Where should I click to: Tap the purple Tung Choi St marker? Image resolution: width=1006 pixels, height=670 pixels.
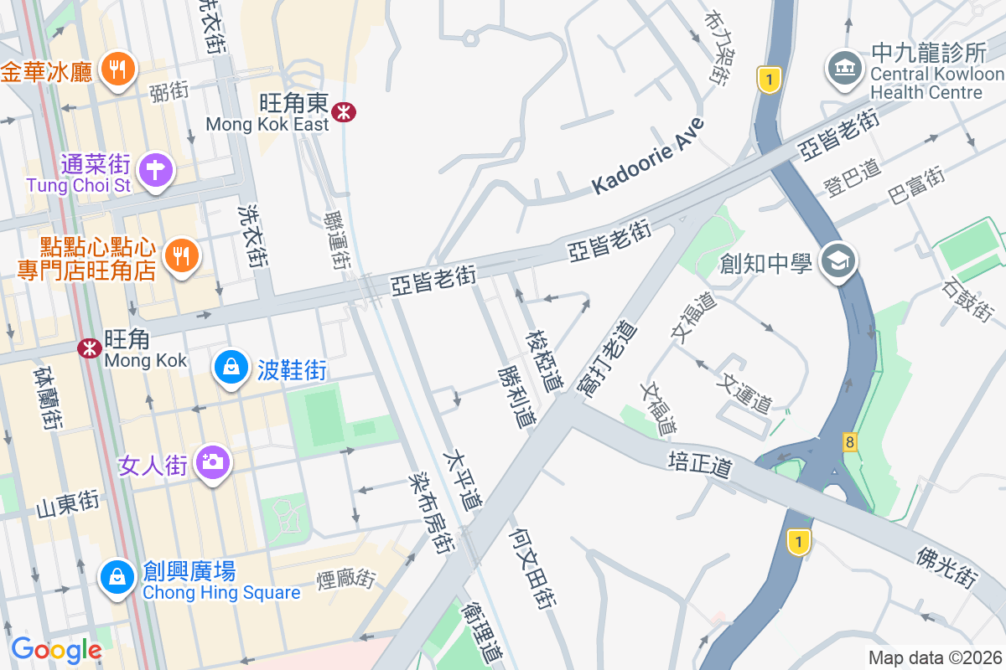tap(155, 169)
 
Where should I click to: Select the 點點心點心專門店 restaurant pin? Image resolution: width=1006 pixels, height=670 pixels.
tap(180, 254)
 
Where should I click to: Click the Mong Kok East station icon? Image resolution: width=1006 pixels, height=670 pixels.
tap(342, 111)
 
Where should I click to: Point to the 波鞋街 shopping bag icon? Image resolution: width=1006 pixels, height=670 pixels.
tap(231, 367)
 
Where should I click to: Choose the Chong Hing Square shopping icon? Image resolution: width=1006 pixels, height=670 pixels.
tap(118, 575)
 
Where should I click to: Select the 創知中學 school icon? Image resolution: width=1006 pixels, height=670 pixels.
tap(837, 263)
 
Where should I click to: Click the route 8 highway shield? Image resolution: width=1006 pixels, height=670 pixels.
tap(850, 441)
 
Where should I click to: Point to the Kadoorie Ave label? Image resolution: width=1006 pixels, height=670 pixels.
tap(647, 157)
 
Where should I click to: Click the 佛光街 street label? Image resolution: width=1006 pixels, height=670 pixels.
tap(947, 566)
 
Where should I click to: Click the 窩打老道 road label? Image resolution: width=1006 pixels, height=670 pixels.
tap(607, 357)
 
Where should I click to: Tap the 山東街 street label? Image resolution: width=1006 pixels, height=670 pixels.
tap(67, 504)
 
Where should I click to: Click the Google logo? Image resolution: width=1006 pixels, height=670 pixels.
tap(56, 649)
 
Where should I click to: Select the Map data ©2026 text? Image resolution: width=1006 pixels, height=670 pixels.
tap(934, 658)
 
